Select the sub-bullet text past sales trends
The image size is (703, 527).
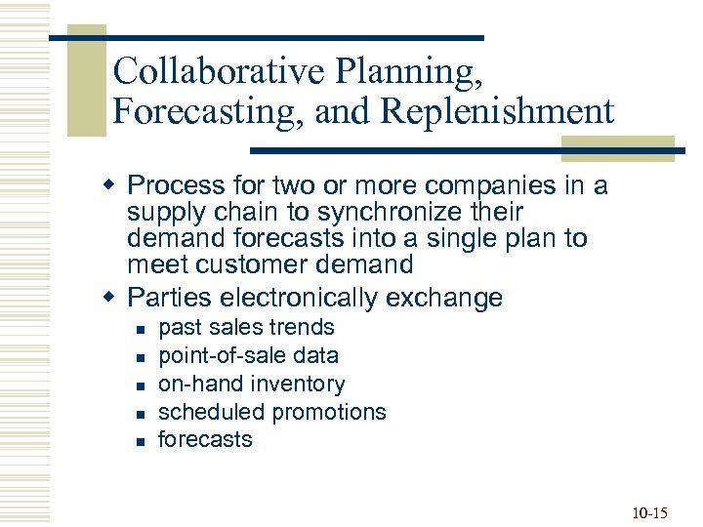246,328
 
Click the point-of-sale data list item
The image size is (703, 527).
248,356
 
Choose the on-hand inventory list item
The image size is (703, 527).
251,385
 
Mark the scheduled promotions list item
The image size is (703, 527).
271,413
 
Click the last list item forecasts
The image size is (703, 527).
205,440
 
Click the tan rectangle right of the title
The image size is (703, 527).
617,145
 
